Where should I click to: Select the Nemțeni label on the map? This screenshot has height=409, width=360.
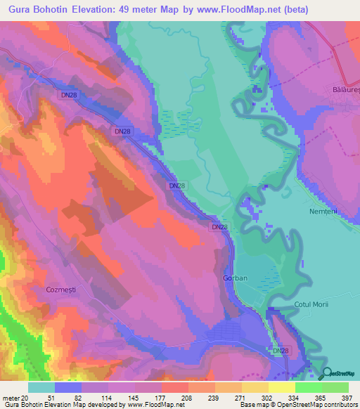pyautogui.click(x=323, y=211)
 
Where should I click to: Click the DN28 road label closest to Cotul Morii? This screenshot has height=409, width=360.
pyautogui.click(x=279, y=351)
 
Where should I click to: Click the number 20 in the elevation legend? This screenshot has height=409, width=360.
pyautogui.click(x=25, y=398)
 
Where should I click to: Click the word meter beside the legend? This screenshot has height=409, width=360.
pyautogui.click(x=11, y=398)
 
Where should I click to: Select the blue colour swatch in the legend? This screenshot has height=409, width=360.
pyautogui.click(x=67, y=387)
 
